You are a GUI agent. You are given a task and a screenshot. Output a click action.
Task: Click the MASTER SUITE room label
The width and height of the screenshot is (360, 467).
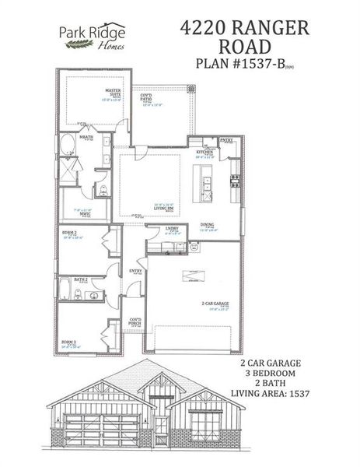point(114,93)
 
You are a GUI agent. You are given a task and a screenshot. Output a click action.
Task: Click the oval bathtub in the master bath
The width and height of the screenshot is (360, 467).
point(67,145)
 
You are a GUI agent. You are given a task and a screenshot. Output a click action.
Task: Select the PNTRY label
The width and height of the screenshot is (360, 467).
point(227,140)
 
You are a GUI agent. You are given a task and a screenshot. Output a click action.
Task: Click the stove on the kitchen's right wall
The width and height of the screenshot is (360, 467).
point(234,182)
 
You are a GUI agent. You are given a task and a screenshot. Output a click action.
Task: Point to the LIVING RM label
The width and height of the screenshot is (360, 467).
point(142,209)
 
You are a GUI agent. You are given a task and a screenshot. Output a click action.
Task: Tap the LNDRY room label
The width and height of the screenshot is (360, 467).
point(172,230)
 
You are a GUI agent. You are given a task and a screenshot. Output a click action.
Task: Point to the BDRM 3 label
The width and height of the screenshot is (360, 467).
point(70,342)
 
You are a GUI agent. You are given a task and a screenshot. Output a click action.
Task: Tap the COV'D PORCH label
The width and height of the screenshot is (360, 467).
point(135,322)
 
